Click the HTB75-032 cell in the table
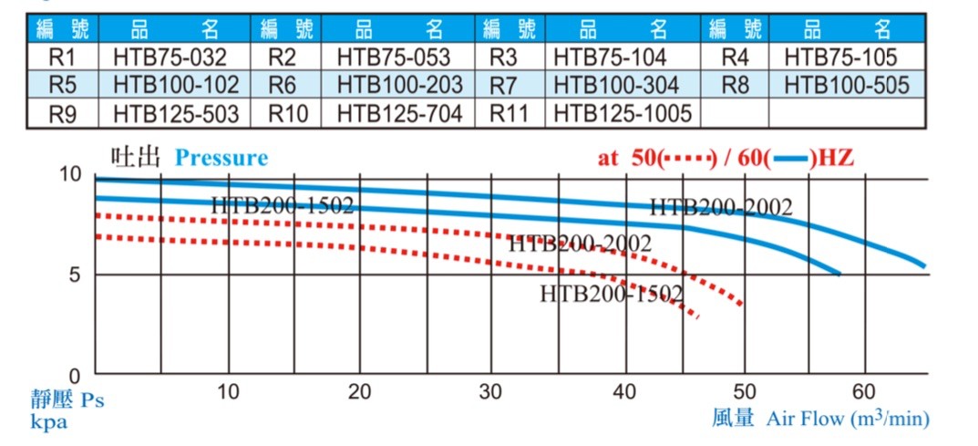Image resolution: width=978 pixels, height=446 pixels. pyautogui.click(x=170, y=57)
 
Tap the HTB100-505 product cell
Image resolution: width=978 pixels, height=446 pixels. pyautogui.click(x=847, y=86)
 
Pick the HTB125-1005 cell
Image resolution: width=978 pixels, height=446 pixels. pyautogui.click(x=622, y=114)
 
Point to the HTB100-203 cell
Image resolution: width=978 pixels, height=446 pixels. pyautogui.click(x=399, y=86)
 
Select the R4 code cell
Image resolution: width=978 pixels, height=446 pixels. pyautogui.click(x=734, y=57)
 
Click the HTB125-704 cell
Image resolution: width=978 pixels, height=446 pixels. pyautogui.click(x=399, y=114)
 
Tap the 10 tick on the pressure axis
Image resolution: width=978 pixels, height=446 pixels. pyautogui.click(x=71, y=173)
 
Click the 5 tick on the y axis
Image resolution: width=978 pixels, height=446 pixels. pyautogui.click(x=76, y=275)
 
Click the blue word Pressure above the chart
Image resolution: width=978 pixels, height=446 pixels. pyautogui.click(x=221, y=158)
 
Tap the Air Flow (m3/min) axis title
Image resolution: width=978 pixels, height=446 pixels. pyautogui.click(x=847, y=419)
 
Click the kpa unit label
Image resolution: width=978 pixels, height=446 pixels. pyautogui.click(x=49, y=422)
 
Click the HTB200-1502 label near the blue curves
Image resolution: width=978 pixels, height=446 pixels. pyautogui.click(x=282, y=206)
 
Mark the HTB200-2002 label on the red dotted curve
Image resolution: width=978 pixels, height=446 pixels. pyautogui.click(x=580, y=244)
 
